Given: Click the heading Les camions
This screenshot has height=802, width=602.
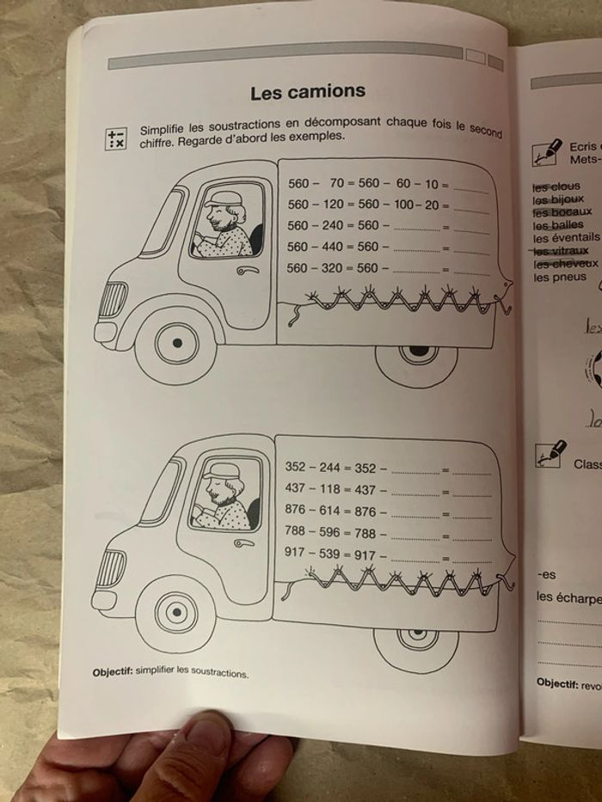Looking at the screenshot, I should (x=307, y=91).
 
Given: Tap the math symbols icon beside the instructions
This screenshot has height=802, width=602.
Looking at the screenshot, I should (x=115, y=138).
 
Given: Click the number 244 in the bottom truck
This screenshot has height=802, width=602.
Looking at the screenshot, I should (x=329, y=467).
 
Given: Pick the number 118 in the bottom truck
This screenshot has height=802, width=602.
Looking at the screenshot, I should (x=329, y=489).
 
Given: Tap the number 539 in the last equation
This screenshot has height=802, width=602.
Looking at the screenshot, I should (x=329, y=554).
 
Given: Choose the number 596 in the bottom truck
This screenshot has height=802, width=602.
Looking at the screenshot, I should (x=329, y=533).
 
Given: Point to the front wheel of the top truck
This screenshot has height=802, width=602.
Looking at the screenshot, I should (x=177, y=342).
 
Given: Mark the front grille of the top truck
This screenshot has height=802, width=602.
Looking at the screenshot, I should (x=113, y=299).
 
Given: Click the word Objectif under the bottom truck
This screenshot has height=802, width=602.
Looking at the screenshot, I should (x=112, y=672).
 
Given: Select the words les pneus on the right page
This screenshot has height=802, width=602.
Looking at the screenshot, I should (x=560, y=277).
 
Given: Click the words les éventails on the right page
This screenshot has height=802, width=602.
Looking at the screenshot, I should (x=566, y=238).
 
